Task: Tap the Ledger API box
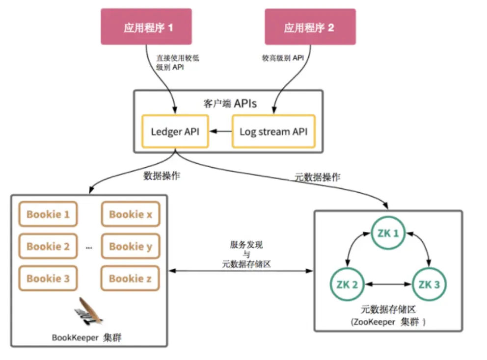pyautogui.click(x=175, y=131)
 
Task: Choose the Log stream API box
pyautogui.click(x=273, y=131)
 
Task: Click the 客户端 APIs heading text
pyautogui.click(x=229, y=103)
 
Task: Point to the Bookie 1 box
pyautogui.click(x=48, y=214)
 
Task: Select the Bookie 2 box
pyautogui.click(x=48, y=246)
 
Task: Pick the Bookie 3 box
pyautogui.click(x=48, y=279)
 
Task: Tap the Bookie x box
pyautogui.click(x=131, y=214)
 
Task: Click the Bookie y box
pyautogui.click(x=131, y=246)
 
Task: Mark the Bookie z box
pyautogui.click(x=131, y=279)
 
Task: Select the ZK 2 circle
pyautogui.click(x=348, y=284)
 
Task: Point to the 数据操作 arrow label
pyautogui.click(x=162, y=175)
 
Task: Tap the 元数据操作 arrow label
pyautogui.click(x=317, y=177)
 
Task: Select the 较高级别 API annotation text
pyautogui.click(x=283, y=58)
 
